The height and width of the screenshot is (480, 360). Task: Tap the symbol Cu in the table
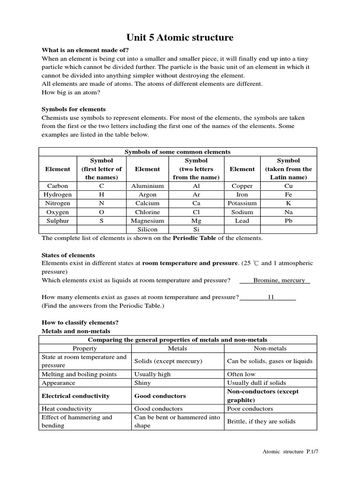[288, 186]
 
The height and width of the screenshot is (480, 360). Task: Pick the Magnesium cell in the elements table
[147, 221]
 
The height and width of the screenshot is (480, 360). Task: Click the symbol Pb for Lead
[288, 221]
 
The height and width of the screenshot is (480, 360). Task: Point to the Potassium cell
[242, 203]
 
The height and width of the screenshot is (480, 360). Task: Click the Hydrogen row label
[58, 195]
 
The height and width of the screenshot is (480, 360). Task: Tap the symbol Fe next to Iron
[288, 195]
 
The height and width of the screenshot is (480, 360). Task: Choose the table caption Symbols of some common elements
[177, 152]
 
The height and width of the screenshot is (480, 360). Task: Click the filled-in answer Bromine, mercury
[275, 280]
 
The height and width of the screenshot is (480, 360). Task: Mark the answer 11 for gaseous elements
[270, 297]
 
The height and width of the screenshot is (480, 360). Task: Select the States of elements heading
[68, 255]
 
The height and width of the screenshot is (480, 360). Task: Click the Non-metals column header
[270, 348]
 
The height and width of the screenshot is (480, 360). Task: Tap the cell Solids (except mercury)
[168, 361]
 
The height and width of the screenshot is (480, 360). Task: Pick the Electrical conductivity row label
[75, 396]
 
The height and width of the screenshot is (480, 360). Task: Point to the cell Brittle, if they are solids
[261, 421]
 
